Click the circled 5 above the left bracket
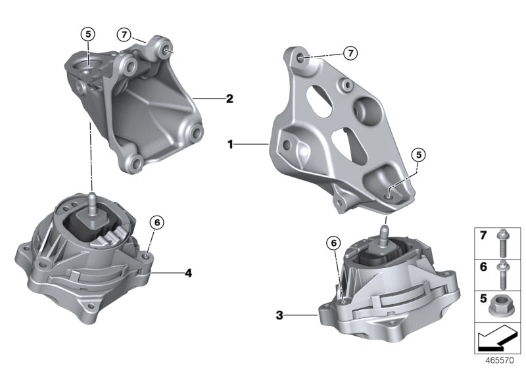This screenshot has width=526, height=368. click(87, 34)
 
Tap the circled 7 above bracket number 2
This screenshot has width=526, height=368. click(124, 34)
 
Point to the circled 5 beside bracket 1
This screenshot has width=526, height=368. click(418, 155)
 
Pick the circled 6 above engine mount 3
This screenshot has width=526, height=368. click(334, 243)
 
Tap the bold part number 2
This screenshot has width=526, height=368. click(229, 99)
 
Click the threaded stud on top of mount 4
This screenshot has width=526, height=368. click(91, 198)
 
